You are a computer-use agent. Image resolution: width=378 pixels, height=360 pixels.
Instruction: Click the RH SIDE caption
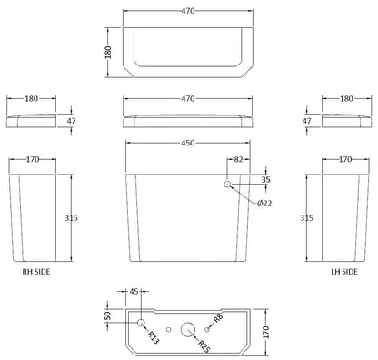click(35, 271)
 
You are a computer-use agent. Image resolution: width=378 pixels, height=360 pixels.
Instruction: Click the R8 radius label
click(218, 319)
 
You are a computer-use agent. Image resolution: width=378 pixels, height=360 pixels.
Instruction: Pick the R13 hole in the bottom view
click(141, 323)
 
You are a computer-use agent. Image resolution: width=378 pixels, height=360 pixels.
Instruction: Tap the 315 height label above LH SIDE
click(308, 218)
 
